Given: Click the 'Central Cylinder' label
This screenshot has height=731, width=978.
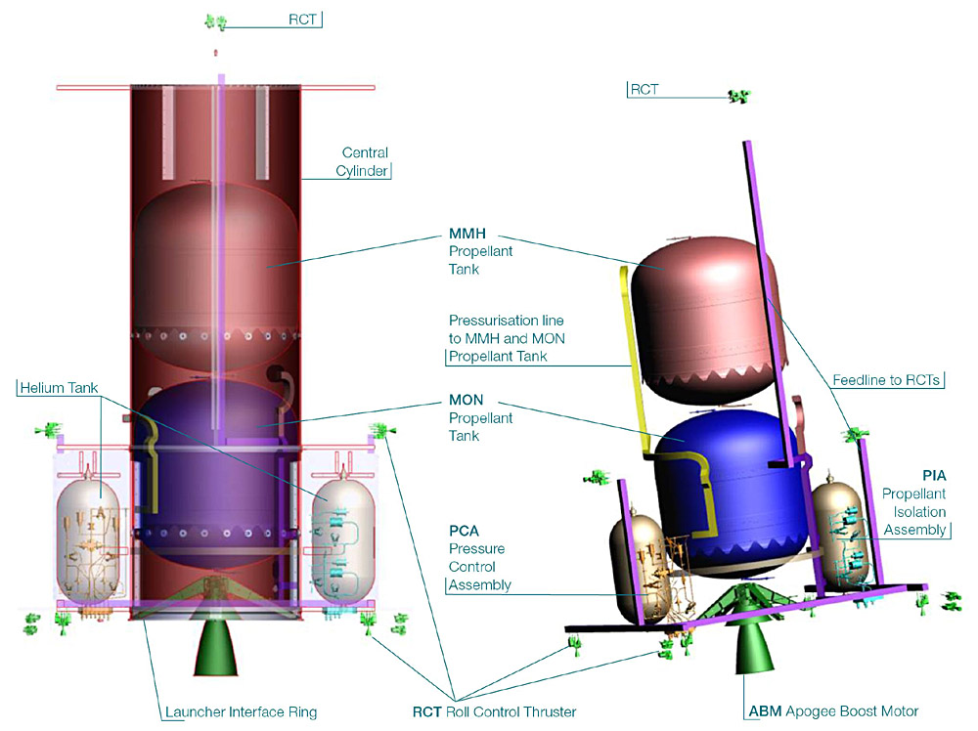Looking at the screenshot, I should tap(364, 162).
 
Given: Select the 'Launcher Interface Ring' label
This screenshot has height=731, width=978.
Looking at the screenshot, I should tap(240, 711).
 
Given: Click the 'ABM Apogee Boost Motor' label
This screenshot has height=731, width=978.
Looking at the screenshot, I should tap(833, 710).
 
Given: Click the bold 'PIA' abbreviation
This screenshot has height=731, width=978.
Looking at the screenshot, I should tap(934, 475).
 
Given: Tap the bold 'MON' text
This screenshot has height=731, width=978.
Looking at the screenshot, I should tap(466, 401).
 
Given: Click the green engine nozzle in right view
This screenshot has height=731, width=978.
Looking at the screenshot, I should tap(751, 646).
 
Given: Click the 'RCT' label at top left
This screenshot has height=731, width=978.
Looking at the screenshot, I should tap(302, 20).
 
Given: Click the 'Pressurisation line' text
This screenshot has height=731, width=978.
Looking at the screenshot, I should tap(506, 321).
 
